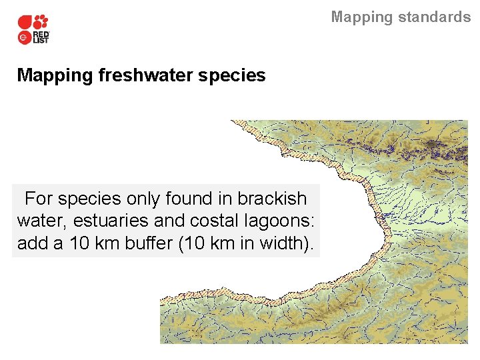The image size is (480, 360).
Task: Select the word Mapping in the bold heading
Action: pos(55,75)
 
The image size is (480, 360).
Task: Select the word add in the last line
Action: pos(31,244)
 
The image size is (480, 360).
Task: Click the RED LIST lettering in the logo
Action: pos(41,37)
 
